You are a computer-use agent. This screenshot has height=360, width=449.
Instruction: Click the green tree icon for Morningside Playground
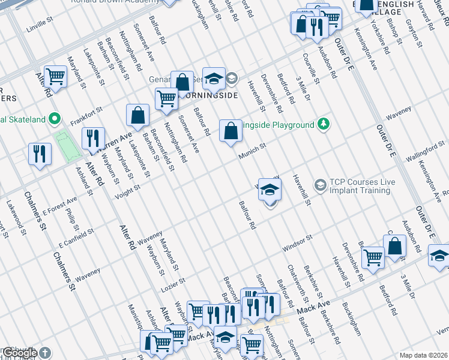324,124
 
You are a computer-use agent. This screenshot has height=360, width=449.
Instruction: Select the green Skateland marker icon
55,119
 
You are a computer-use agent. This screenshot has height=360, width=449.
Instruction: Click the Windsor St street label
298,242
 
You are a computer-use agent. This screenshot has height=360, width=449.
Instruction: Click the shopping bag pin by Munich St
231,131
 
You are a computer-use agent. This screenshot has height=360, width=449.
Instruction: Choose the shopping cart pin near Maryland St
55,77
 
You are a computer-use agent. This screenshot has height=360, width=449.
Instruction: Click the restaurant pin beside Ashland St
40,154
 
